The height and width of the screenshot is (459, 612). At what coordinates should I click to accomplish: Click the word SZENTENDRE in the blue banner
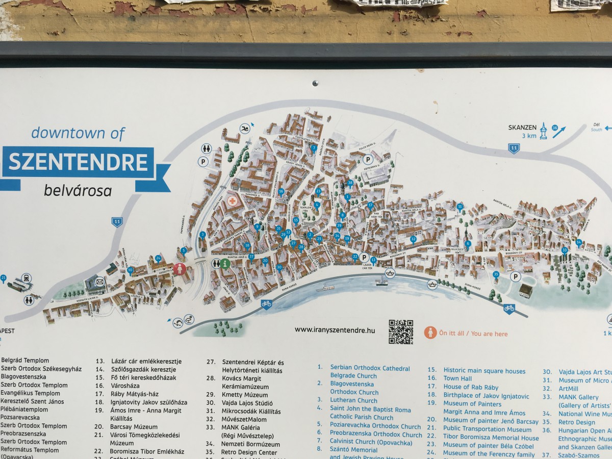[78, 163]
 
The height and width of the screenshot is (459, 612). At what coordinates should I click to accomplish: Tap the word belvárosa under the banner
[78, 191]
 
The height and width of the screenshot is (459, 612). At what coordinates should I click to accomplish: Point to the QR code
[400, 331]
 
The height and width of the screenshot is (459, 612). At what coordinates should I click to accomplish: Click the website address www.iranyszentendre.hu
[335, 330]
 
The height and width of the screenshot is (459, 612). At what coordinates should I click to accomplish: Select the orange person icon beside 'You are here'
[430, 333]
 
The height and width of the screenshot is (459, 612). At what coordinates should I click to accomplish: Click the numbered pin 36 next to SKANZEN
[555, 128]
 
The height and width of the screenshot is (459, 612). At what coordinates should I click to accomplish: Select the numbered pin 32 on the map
[413, 239]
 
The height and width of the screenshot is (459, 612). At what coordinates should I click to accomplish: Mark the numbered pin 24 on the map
[158, 258]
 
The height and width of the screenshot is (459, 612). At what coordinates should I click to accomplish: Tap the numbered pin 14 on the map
[337, 236]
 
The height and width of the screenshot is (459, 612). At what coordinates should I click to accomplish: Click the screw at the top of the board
[315, 83]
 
